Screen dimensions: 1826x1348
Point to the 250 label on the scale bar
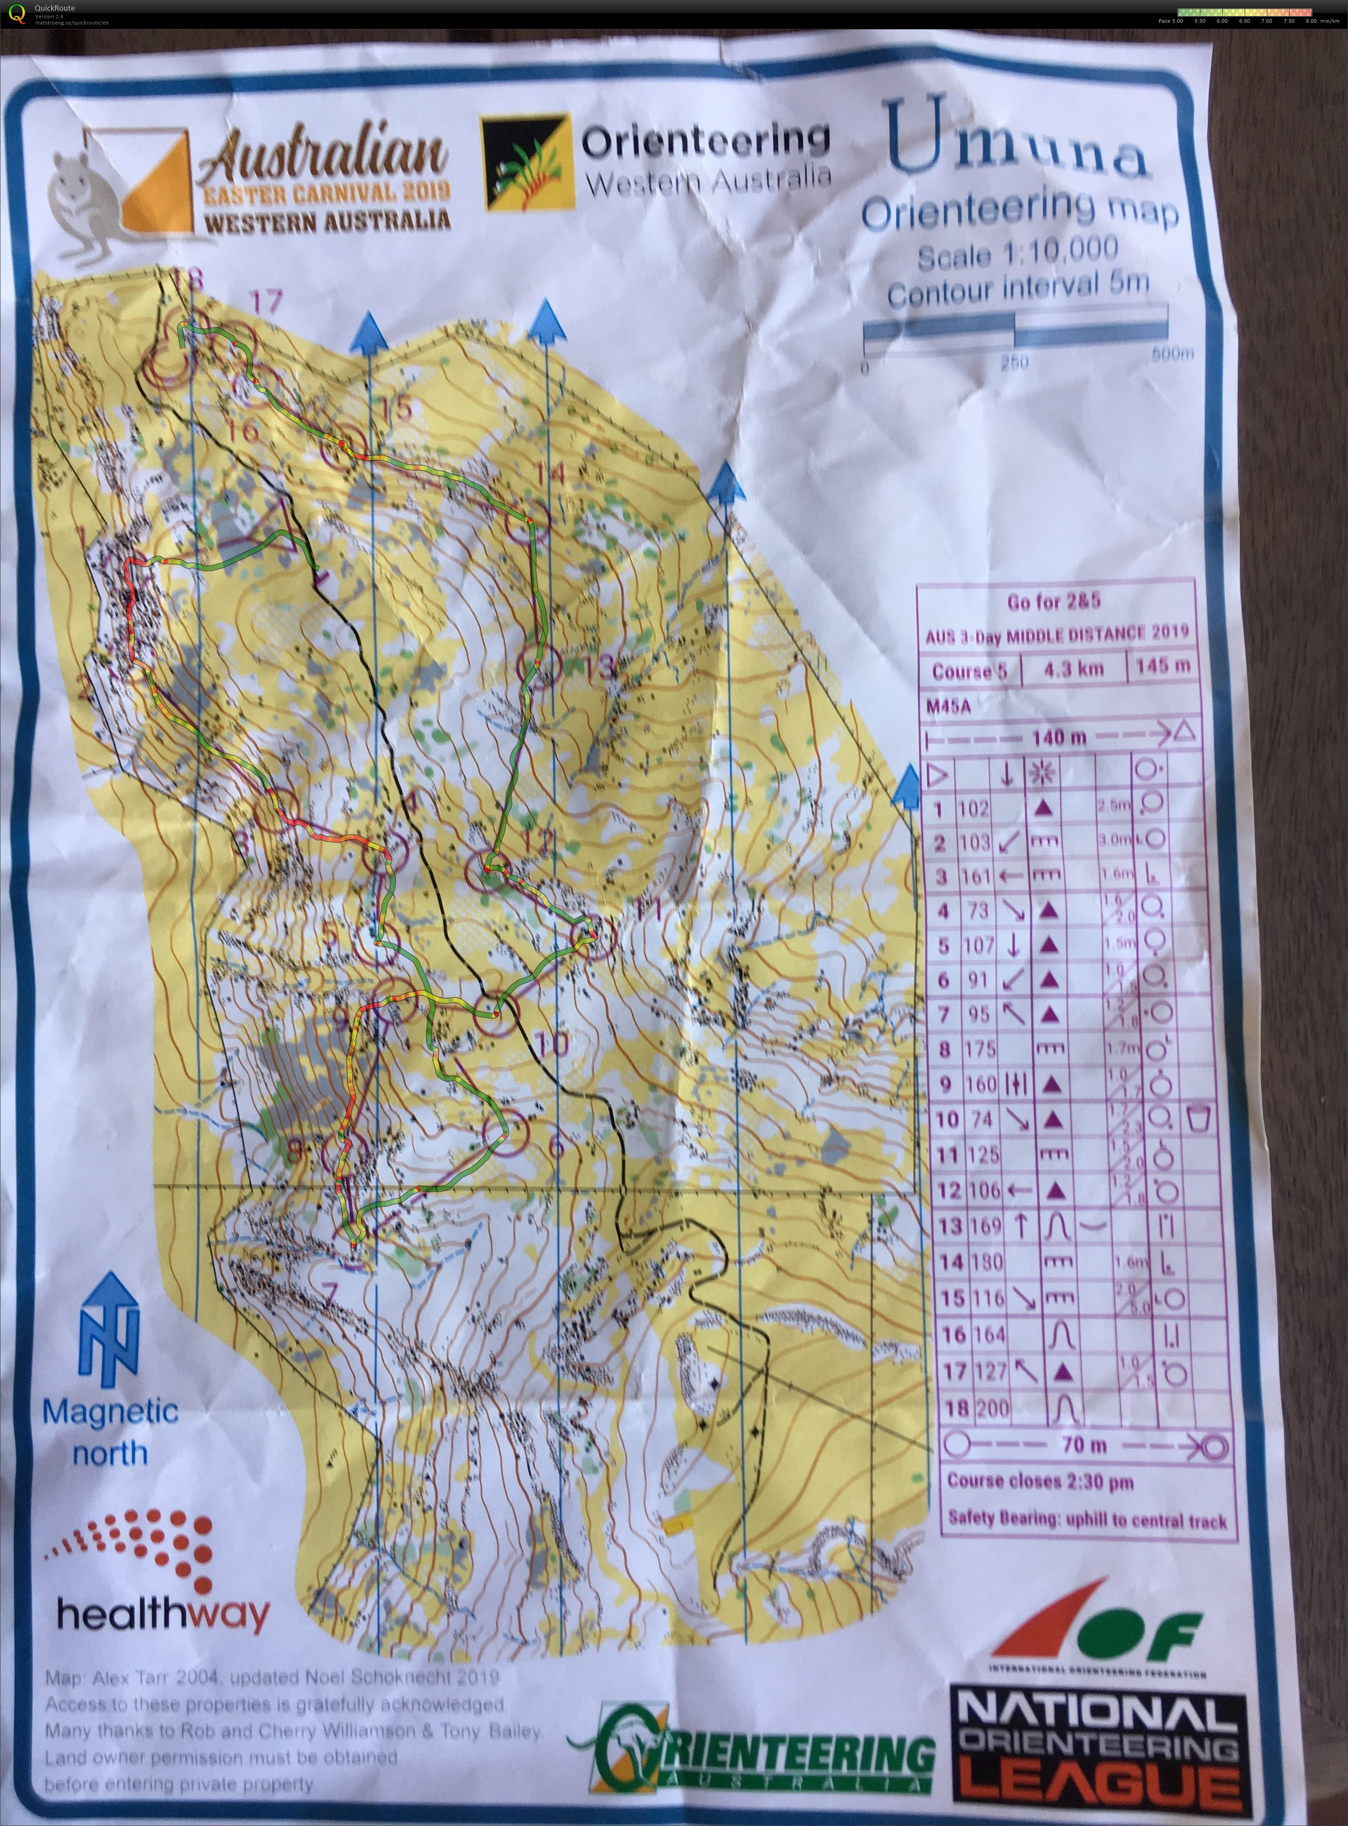[1014, 361]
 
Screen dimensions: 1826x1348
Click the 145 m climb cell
[1162, 665]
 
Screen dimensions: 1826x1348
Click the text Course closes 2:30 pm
[1040, 1481]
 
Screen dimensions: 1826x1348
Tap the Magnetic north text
[110, 1432]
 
